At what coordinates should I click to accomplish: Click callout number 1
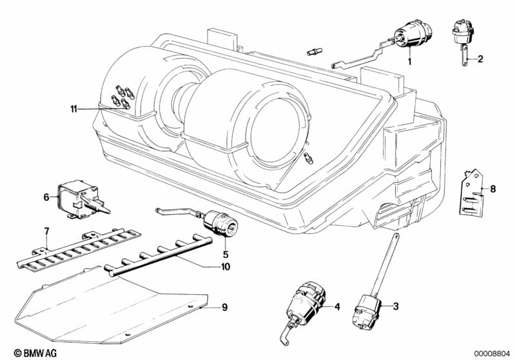click(409, 61)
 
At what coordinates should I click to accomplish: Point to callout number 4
click(336, 307)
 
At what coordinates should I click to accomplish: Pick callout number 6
click(46, 197)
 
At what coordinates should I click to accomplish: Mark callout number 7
click(46, 231)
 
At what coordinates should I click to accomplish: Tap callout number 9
click(224, 307)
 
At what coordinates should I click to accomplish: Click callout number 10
click(225, 266)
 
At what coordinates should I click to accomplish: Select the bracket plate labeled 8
click(472, 192)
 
